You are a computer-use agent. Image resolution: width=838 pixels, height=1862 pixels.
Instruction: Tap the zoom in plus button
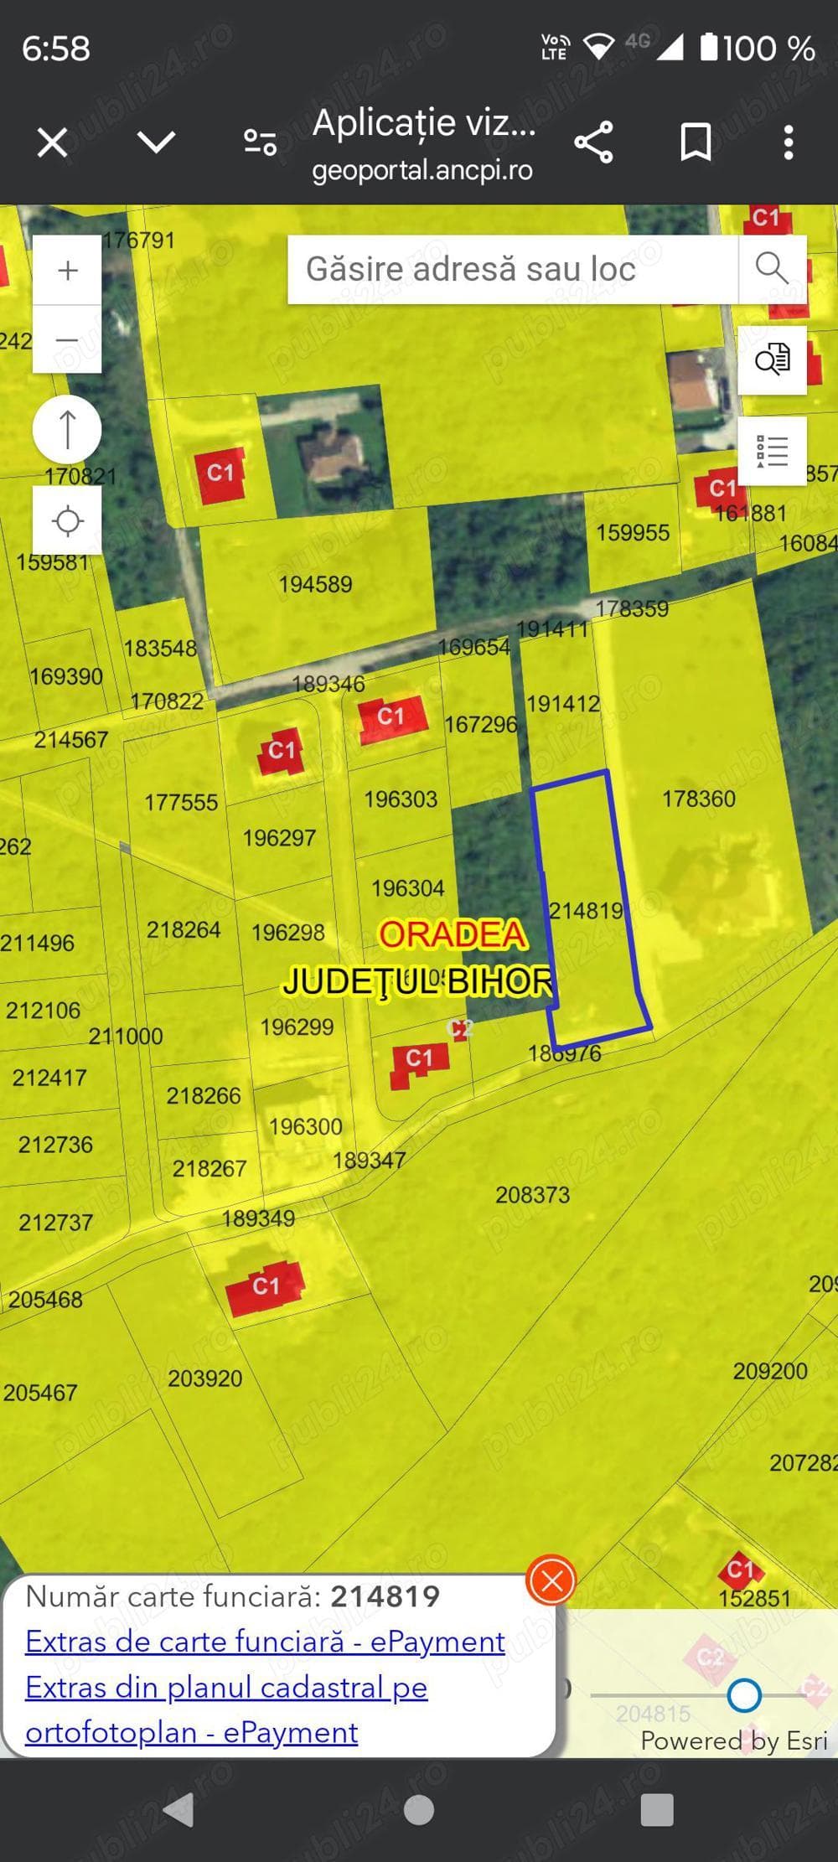coord(67,271)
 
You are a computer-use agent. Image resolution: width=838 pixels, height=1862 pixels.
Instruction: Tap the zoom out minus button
coord(67,339)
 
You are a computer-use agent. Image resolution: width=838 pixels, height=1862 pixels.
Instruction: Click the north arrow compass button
coord(67,429)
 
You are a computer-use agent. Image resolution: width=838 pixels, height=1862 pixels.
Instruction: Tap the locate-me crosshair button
coord(67,520)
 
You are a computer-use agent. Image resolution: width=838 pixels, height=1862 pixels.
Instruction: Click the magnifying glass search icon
coord(771,269)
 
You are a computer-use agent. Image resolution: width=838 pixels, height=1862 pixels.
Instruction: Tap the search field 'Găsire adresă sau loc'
coord(511,269)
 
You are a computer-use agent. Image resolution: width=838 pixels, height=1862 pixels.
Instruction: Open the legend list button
coord(771,451)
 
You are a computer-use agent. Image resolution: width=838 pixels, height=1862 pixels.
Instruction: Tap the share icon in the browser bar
coord(593,142)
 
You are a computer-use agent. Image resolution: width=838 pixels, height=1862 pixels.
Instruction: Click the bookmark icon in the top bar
coord(696,142)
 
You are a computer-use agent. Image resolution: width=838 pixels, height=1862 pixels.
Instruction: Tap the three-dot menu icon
coord(788,142)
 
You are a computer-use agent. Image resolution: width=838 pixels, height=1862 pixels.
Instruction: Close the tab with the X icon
coord(52,142)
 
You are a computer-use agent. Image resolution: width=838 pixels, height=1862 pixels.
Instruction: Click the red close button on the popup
coord(551,1581)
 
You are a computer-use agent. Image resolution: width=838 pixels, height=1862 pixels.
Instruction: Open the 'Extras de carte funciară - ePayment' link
coord(265,1641)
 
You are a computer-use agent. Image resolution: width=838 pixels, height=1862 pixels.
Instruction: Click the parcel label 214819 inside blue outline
coord(586,910)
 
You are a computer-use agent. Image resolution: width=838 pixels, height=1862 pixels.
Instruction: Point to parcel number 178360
coord(698,799)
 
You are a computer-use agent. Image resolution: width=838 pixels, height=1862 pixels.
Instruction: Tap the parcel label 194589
coord(315,584)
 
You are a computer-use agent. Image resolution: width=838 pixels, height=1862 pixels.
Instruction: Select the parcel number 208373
coord(532,1194)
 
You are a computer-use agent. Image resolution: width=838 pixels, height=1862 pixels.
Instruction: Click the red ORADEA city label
coord(453,934)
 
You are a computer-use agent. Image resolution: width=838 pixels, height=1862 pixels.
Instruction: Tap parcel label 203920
coord(204,1378)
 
